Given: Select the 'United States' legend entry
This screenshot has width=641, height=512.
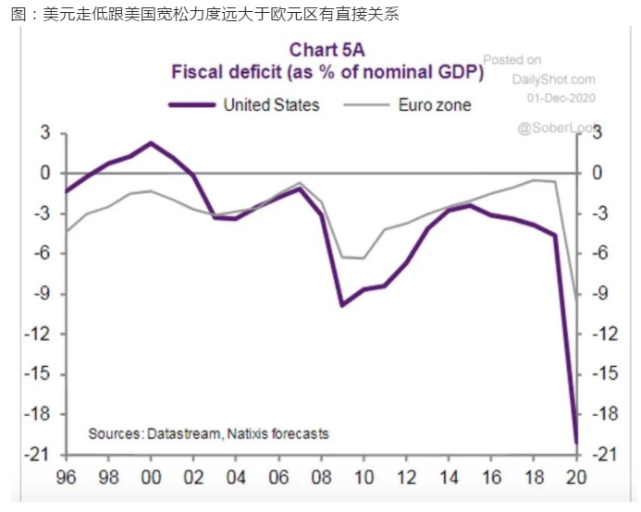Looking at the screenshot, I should click(x=271, y=104).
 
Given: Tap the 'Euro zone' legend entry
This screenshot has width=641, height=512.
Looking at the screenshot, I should click(x=434, y=104).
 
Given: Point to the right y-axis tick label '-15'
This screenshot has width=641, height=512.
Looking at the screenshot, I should click(x=604, y=374).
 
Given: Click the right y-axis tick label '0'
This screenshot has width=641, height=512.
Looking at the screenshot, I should click(x=598, y=174).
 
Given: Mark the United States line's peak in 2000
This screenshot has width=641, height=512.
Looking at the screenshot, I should click(x=151, y=143).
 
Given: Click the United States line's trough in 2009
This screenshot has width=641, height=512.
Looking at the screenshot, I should click(x=342, y=305).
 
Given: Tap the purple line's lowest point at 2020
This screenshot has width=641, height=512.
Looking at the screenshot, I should click(x=577, y=443).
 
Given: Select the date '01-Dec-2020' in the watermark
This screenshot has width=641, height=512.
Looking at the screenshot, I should click(x=561, y=96).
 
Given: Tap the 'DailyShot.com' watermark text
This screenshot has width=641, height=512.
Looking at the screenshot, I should click(x=553, y=79).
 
